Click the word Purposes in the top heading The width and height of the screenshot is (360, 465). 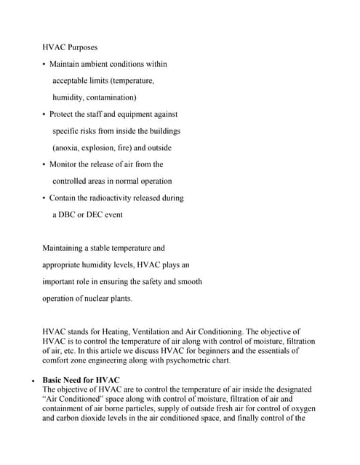tap(84, 47)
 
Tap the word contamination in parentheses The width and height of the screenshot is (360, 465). tap(108, 97)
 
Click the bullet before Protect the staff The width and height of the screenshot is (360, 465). tap(44, 115)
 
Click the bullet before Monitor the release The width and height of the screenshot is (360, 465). tap(44, 165)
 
